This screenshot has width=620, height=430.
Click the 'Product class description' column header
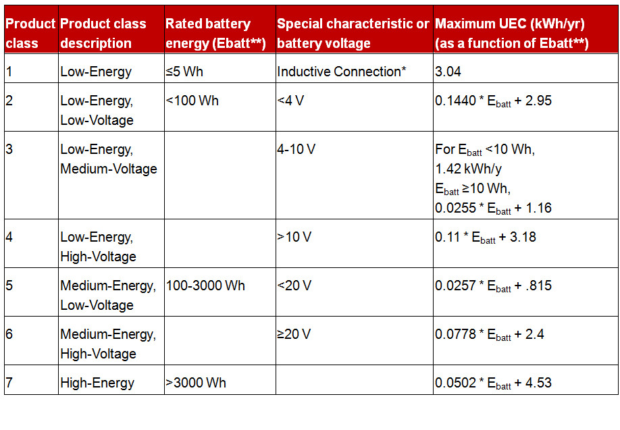click(x=103, y=33)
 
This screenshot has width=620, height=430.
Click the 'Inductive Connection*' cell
click(x=342, y=72)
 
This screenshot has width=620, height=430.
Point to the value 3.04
click(x=448, y=72)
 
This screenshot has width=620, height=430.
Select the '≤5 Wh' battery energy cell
click(x=184, y=72)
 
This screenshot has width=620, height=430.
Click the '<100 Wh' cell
click(x=192, y=101)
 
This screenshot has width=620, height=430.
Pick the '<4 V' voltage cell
click(x=290, y=101)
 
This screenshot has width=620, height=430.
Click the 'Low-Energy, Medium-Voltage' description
click(x=109, y=159)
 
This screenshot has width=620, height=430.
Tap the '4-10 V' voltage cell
click(x=296, y=150)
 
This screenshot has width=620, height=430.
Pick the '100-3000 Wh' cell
click(x=206, y=286)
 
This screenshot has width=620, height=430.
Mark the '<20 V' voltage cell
click(x=294, y=286)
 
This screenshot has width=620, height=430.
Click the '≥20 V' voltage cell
click(x=294, y=334)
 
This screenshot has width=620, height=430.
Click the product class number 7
click(x=9, y=383)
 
